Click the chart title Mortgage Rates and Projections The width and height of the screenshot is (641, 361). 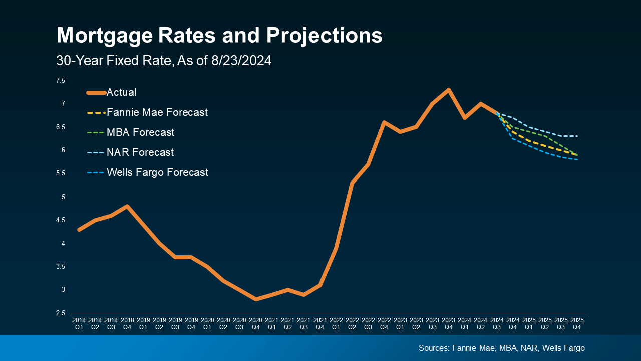click(219, 36)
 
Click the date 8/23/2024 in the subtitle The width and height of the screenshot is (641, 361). click(239, 61)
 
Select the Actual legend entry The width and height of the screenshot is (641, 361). click(121, 93)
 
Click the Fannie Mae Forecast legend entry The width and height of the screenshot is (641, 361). click(157, 113)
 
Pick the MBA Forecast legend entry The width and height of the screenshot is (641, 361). click(140, 133)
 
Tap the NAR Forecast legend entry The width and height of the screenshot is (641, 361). click(140, 152)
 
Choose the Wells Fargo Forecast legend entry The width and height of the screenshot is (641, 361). click(157, 172)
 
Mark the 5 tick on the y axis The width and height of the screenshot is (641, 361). click(64, 197)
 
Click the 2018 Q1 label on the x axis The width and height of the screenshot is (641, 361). click(79, 323)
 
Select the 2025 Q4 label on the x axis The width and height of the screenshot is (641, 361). click(577, 323)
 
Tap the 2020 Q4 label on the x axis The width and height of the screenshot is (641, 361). click(255, 323)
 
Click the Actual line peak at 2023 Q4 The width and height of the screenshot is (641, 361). click(448, 90)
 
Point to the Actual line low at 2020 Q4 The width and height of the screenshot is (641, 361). click(256, 299)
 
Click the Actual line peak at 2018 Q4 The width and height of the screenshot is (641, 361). click(127, 206)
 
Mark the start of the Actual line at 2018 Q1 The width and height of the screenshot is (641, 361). click(79, 229)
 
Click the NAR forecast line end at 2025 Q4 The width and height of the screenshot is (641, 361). click(577, 136)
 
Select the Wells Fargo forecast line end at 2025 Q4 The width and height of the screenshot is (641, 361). click(577, 159)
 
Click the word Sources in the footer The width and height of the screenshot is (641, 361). click(434, 348)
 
